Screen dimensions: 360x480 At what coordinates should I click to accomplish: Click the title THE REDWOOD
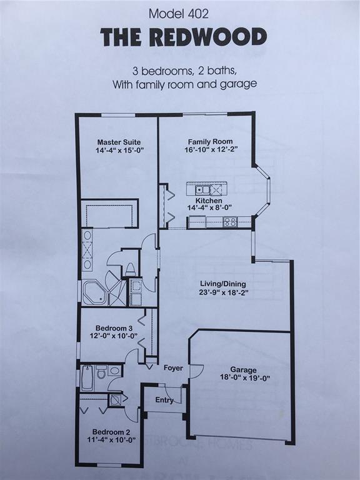[x=183, y=37]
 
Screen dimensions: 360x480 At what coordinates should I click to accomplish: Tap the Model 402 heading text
[x=179, y=14]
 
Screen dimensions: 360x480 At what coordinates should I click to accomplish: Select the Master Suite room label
[x=119, y=142]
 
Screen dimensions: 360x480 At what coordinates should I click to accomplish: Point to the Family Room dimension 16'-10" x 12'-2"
[x=211, y=150]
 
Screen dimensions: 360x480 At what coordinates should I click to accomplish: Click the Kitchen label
[x=209, y=201]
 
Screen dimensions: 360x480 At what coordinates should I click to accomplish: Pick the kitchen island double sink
[x=202, y=190]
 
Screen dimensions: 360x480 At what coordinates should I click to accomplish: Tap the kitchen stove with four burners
[x=231, y=222]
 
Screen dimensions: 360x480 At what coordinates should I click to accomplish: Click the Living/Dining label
[x=223, y=284]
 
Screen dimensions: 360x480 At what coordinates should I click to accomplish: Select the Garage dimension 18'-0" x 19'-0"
[x=245, y=377]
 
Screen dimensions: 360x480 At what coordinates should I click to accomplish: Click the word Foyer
[x=173, y=368]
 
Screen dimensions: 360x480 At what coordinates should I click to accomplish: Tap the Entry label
[x=164, y=400]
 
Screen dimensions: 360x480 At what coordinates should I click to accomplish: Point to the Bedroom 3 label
[x=114, y=328]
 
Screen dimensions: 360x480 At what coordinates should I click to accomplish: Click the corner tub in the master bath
[x=94, y=293]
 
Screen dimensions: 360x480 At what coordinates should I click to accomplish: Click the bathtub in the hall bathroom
[x=87, y=377]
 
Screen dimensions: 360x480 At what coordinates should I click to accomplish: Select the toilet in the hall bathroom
[x=102, y=372]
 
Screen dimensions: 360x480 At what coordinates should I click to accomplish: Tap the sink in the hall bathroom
[x=114, y=371]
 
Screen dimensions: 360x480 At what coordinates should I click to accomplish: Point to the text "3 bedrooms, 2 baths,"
[x=184, y=71]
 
